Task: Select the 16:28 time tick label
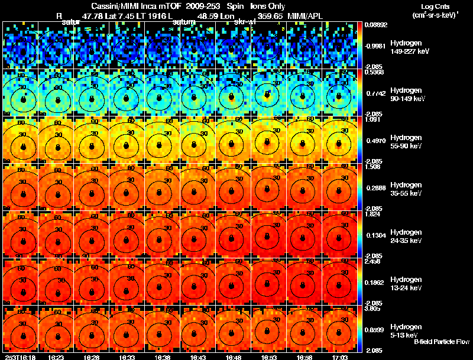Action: tap(90, 357)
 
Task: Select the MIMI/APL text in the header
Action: tap(306, 16)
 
